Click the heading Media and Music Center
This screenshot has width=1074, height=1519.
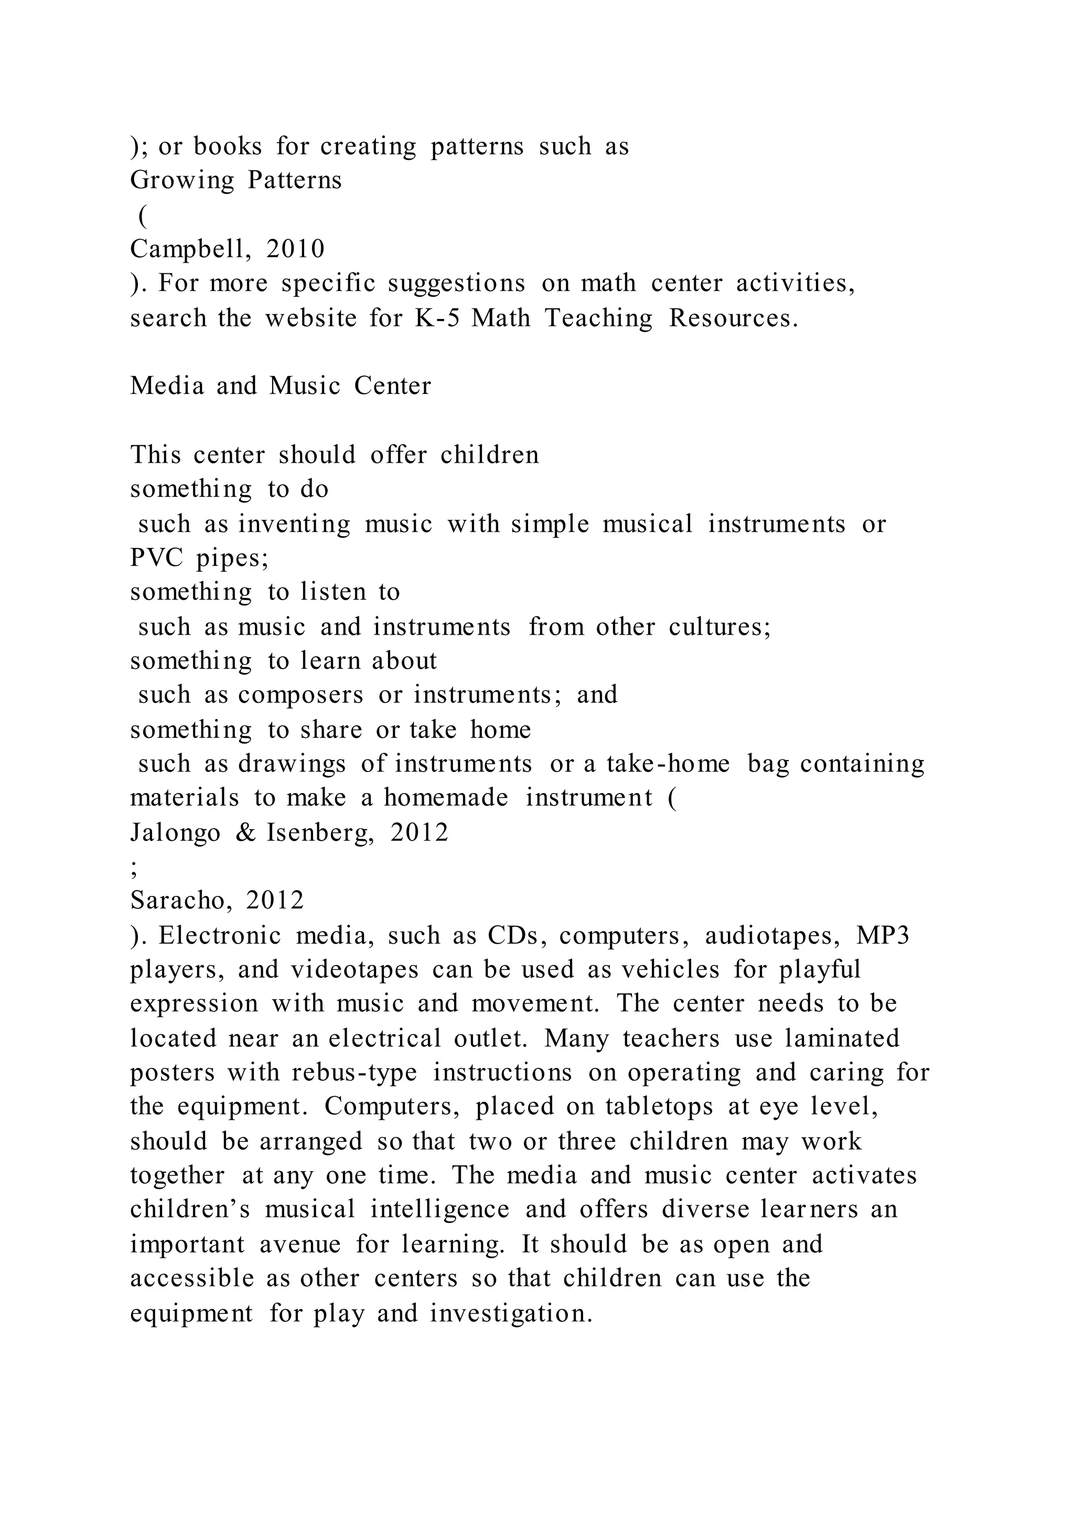[x=281, y=386]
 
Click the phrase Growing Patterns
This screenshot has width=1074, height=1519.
[x=235, y=180]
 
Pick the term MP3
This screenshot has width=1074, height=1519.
[x=883, y=936]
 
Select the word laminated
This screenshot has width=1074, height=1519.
[x=842, y=1038]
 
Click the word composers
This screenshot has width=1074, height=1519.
[x=301, y=694]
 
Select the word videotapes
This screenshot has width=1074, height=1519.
[x=355, y=969]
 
